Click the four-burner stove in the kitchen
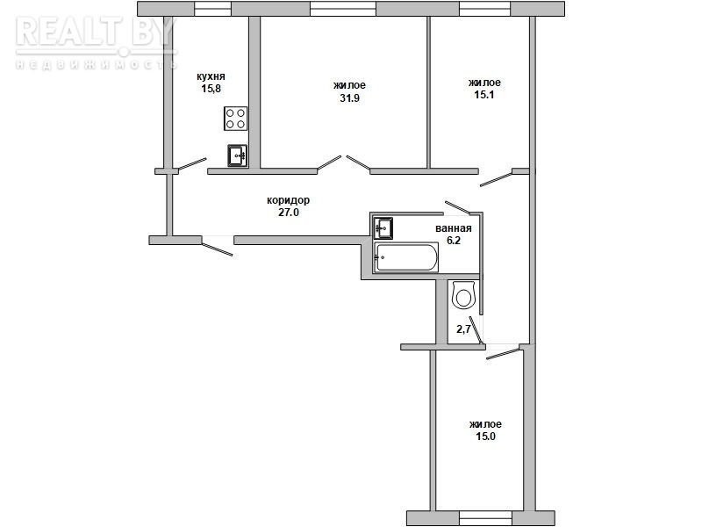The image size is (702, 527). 235,119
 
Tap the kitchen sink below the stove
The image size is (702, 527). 237,155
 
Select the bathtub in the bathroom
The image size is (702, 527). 406,257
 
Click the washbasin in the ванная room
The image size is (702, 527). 383,228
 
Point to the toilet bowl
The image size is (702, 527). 463,295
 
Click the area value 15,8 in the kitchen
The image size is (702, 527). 211,89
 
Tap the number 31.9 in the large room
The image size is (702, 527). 349,98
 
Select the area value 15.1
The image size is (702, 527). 484,95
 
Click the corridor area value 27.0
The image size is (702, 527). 289,213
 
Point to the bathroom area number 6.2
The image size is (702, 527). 454,241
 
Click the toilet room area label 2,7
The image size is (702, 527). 463,329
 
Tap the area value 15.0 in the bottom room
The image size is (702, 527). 486,437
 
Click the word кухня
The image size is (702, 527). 211,76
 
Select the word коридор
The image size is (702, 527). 289,200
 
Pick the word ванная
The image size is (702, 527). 454,228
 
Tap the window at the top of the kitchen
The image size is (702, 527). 212,9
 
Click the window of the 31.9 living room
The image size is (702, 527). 343,9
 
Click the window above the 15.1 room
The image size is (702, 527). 485,9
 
